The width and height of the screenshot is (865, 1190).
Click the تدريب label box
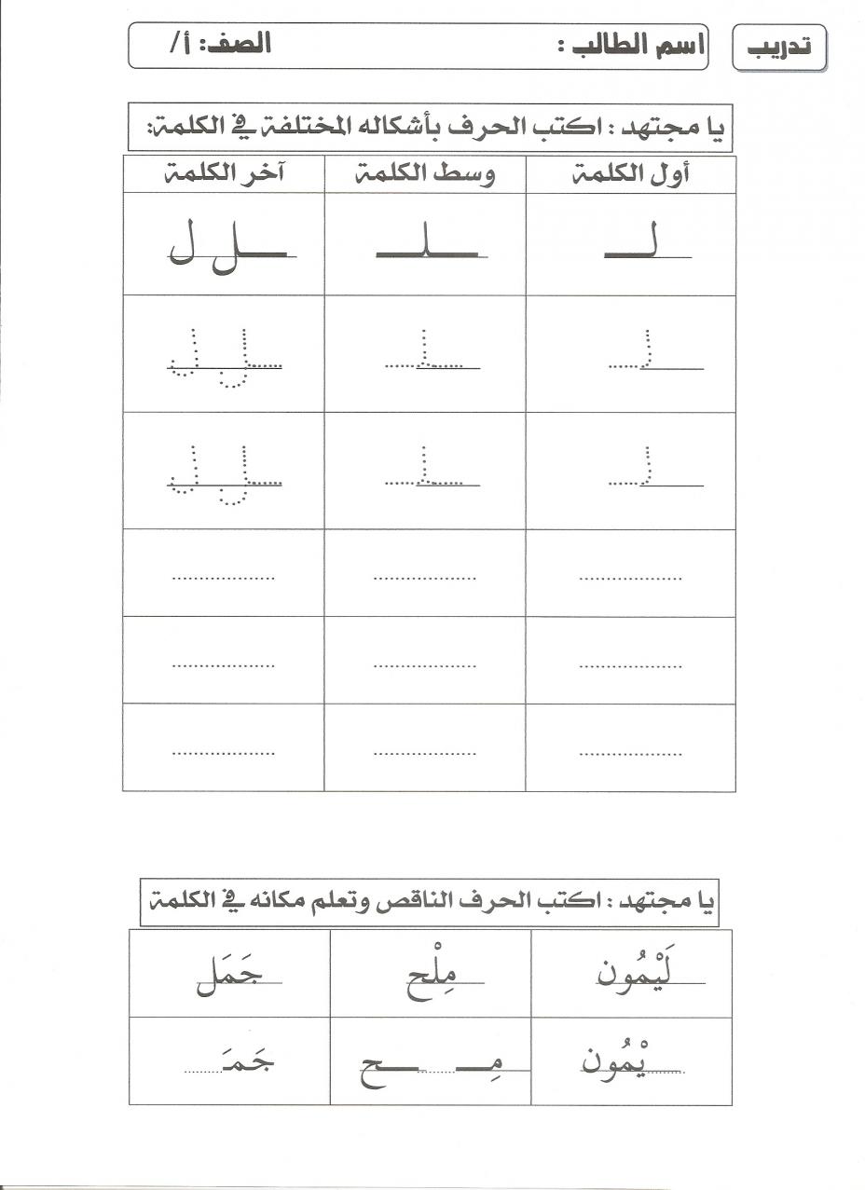point(781,47)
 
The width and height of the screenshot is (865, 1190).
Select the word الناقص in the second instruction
point(474,902)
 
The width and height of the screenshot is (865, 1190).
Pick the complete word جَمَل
point(226,974)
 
